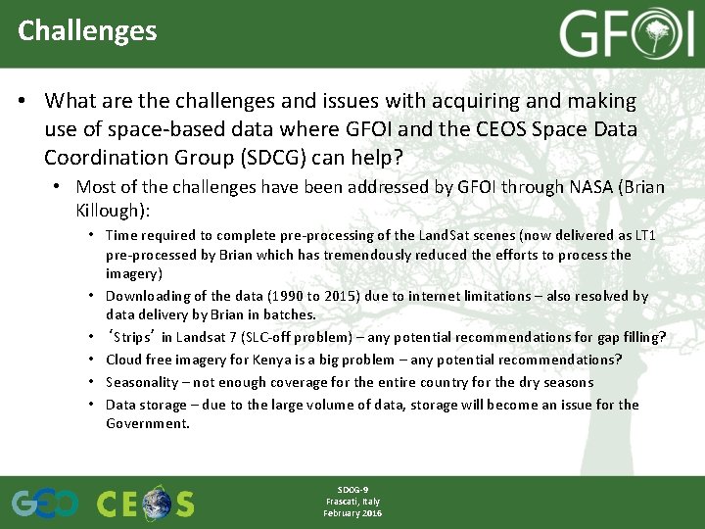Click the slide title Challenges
pyautogui.click(x=87, y=30)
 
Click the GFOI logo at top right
pyautogui.click(x=627, y=35)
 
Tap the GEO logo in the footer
pyautogui.click(x=44, y=503)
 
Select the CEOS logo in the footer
pyautogui.click(x=145, y=503)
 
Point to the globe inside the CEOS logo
pyautogui.click(x=157, y=504)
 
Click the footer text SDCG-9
pyautogui.click(x=352, y=489)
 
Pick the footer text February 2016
pyautogui.click(x=352, y=513)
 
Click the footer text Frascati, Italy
pyautogui.click(x=352, y=501)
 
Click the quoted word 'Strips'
pyautogui.click(x=137, y=338)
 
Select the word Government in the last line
pyautogui.click(x=147, y=424)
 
